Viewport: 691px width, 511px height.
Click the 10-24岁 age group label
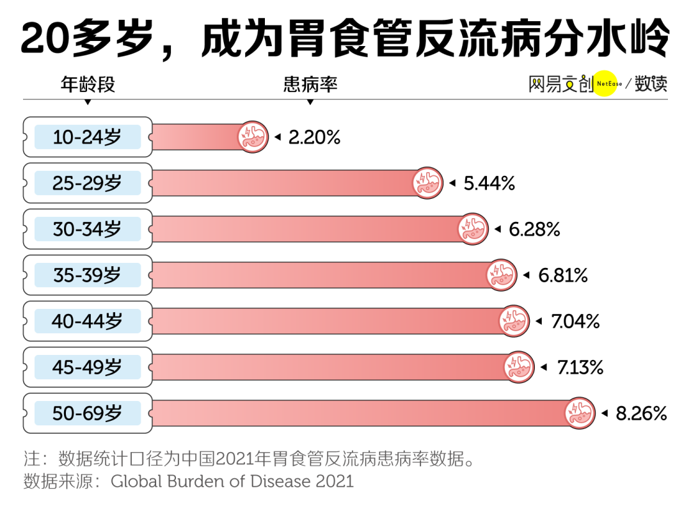click(87, 137)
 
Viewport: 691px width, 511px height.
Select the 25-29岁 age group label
click(87, 184)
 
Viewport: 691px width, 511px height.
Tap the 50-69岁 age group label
click(87, 414)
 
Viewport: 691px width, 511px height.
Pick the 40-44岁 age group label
click(87, 321)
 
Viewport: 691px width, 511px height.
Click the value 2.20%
click(314, 137)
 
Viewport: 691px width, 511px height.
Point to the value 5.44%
click(489, 184)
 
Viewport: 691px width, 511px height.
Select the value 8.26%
click(641, 414)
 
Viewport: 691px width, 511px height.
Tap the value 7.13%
click(580, 368)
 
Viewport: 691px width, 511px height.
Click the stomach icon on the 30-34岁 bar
click(473, 229)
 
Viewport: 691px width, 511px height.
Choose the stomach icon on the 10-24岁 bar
click(253, 137)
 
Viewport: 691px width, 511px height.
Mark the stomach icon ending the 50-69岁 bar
click(580, 414)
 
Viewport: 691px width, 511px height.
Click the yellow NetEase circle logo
click(606, 84)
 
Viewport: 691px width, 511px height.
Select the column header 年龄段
click(88, 84)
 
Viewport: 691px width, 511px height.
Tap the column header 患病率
click(310, 84)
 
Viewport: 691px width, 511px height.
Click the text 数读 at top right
click(651, 84)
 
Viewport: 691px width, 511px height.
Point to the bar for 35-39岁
click(320, 275)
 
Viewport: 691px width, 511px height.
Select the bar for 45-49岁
click(326, 368)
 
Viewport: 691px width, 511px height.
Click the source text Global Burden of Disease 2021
click(232, 481)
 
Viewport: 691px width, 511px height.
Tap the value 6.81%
click(563, 276)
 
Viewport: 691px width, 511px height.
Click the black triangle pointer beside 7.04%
click(539, 321)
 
